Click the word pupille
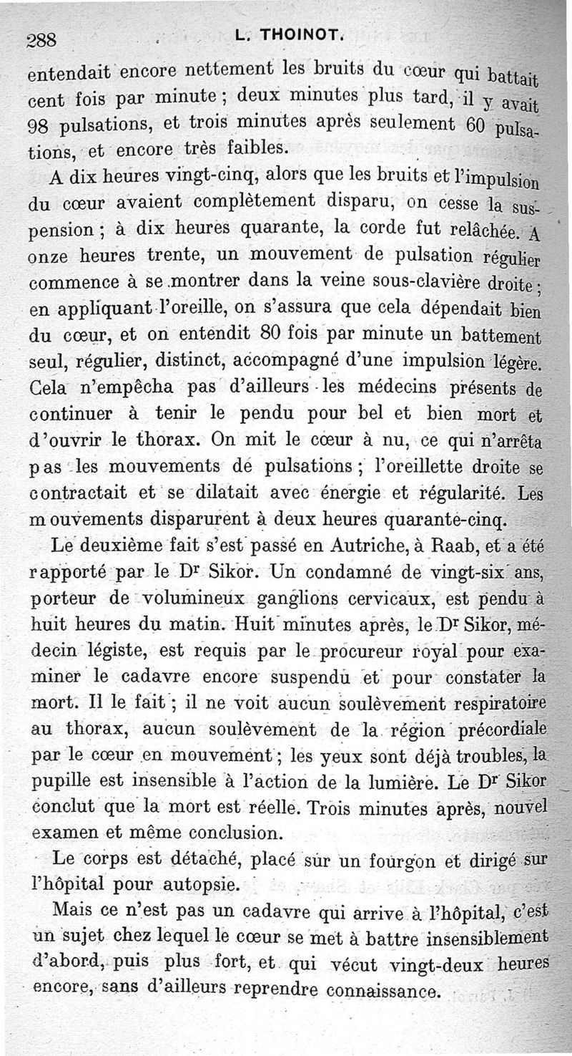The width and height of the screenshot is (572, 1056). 59,782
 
